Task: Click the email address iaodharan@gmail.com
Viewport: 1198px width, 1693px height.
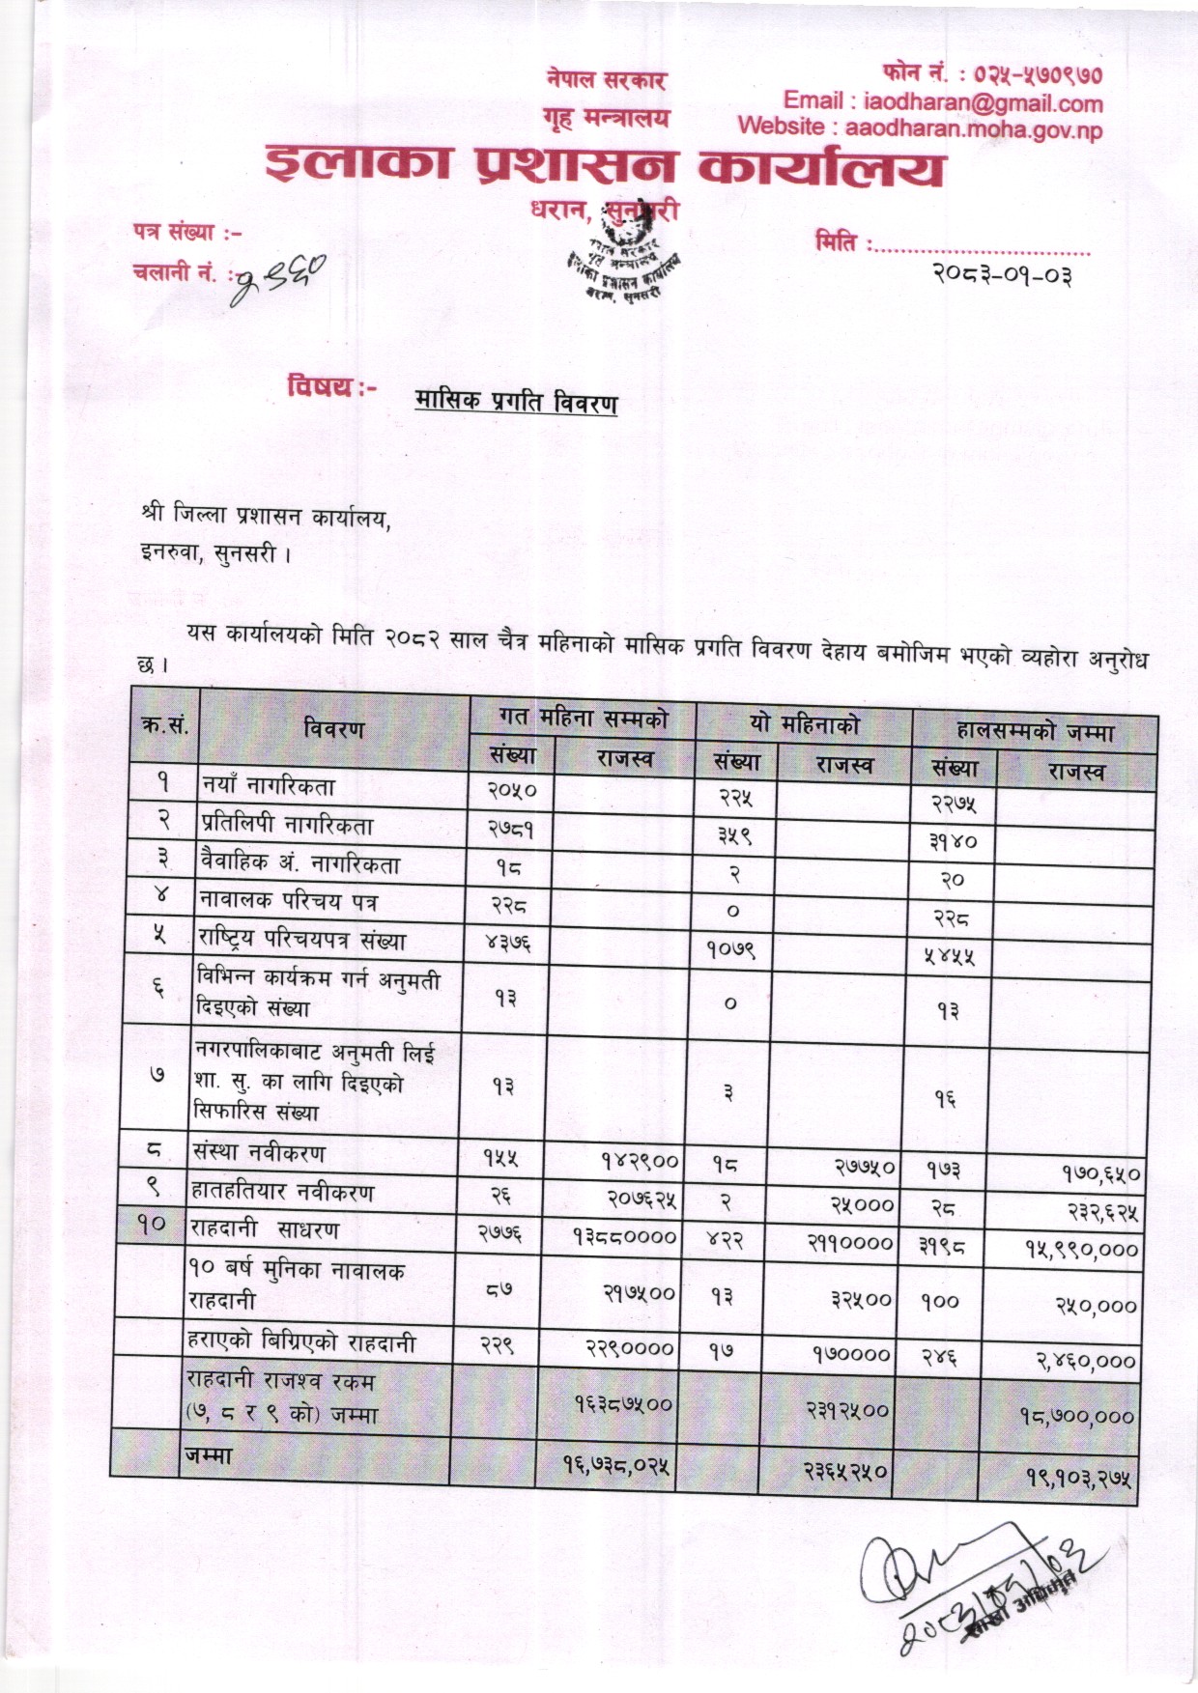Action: pos(983,101)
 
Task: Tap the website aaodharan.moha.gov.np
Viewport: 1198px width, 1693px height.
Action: pos(973,127)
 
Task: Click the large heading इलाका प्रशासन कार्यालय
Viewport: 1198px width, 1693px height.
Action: pos(605,168)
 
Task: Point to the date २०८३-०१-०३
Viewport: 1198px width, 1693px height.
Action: pos(1002,275)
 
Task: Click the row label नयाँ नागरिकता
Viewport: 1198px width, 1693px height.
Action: pos(269,786)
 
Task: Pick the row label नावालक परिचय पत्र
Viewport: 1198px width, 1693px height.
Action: pos(289,902)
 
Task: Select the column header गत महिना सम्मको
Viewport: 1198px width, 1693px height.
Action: pos(584,719)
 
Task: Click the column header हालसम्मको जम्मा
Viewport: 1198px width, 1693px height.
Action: pos(1035,730)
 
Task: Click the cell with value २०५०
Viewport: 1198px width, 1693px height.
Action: pos(512,790)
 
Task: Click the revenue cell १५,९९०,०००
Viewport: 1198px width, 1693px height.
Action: pos(1082,1249)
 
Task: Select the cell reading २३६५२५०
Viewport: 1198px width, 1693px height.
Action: pos(846,1471)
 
